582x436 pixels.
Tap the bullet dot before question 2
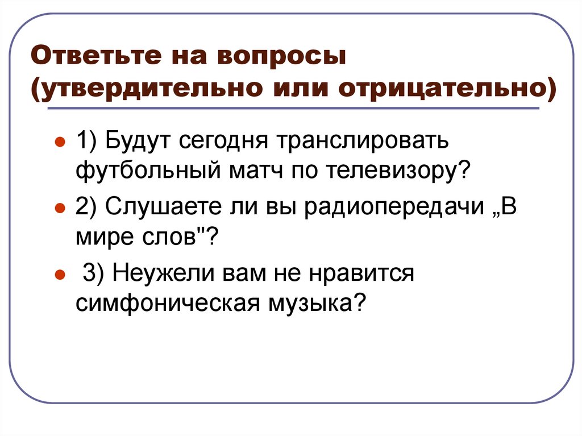click(58, 209)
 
